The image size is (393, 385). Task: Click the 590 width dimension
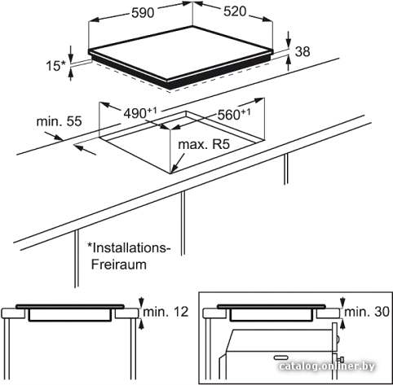pyautogui.click(x=143, y=13)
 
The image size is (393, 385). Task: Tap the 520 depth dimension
pyautogui.click(x=235, y=11)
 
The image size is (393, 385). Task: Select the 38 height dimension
pyautogui.click(x=302, y=51)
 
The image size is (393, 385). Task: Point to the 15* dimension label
pyautogui.click(x=56, y=66)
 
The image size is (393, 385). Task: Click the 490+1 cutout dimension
pyautogui.click(x=140, y=113)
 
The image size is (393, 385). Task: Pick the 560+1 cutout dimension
pyautogui.click(x=234, y=115)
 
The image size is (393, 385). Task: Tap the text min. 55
pyautogui.click(x=59, y=121)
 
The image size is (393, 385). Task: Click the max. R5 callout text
pyautogui.click(x=204, y=144)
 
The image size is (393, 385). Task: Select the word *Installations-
pyautogui.click(x=129, y=248)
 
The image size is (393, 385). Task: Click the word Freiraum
pyautogui.click(x=119, y=265)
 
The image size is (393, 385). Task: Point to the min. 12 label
pyautogui.click(x=166, y=312)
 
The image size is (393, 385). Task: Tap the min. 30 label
pyautogui.click(x=367, y=312)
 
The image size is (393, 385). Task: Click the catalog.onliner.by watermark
pyautogui.click(x=327, y=366)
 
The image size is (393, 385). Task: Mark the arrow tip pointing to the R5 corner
pyautogui.click(x=172, y=173)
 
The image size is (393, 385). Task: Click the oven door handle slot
pyautogui.click(x=283, y=358)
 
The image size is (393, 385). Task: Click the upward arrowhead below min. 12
pyautogui.click(x=141, y=325)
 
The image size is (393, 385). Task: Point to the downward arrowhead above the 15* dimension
pyautogui.click(x=71, y=58)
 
